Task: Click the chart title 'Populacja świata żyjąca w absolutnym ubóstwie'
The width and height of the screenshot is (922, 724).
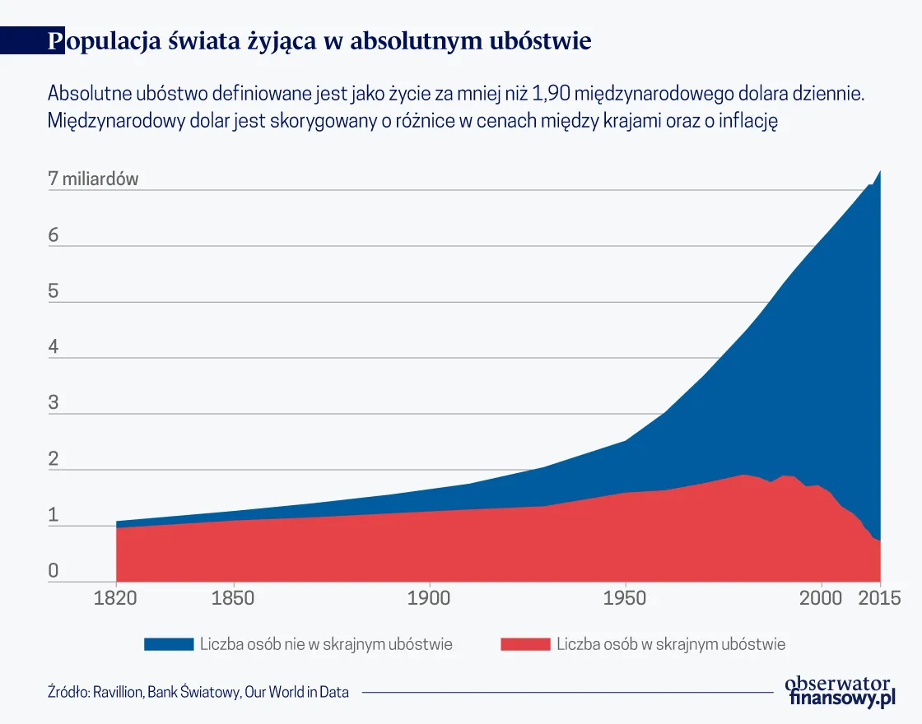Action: [319, 41]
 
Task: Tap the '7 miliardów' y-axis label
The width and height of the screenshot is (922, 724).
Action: [93, 179]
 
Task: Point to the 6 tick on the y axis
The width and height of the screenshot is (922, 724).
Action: [54, 235]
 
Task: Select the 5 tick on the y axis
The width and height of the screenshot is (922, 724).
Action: [54, 291]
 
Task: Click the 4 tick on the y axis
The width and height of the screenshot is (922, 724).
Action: [54, 347]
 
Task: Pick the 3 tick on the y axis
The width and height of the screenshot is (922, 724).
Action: [54, 403]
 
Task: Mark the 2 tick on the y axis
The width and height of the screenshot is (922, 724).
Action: [54, 459]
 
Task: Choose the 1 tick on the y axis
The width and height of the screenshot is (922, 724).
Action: [54, 515]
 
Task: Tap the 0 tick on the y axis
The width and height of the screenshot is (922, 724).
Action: [54, 571]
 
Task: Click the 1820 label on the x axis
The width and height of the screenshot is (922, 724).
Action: [116, 597]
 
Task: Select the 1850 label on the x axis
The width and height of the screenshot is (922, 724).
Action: [233, 597]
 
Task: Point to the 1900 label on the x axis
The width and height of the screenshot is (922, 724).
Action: [429, 597]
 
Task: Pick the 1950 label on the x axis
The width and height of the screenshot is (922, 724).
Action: [626, 597]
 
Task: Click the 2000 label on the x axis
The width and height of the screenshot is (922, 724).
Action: [821, 597]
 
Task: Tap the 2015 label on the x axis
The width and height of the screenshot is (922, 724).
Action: [879, 597]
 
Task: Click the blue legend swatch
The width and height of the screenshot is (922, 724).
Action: [168, 644]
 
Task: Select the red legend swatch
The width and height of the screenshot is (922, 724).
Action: [524, 644]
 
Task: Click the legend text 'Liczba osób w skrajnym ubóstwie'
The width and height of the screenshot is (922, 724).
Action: [671, 644]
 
